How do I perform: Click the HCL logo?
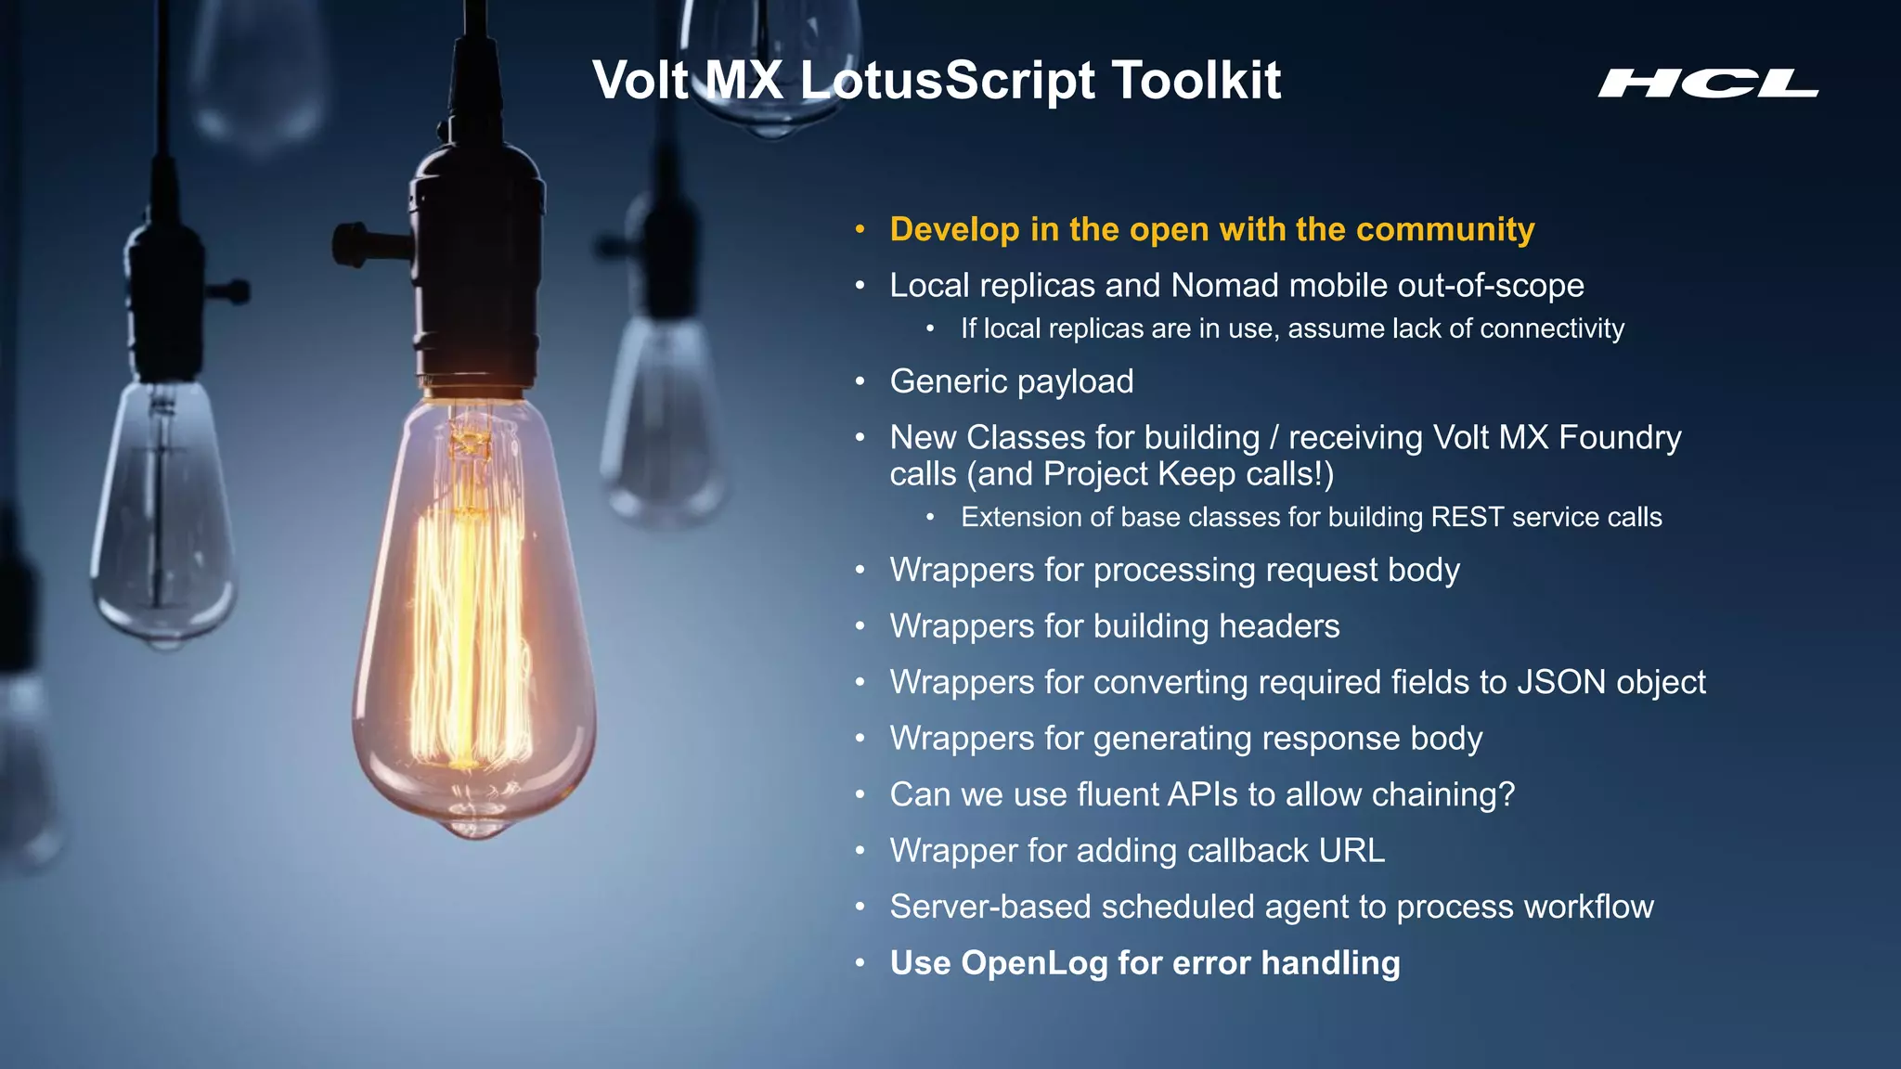pyautogui.click(x=1707, y=84)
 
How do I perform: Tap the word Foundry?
pyautogui.click(x=1620, y=437)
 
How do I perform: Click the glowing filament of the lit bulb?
pyautogui.click(x=469, y=631)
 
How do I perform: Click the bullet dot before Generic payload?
pyautogui.click(x=860, y=381)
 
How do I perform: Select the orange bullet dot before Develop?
pyautogui.click(x=860, y=229)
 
